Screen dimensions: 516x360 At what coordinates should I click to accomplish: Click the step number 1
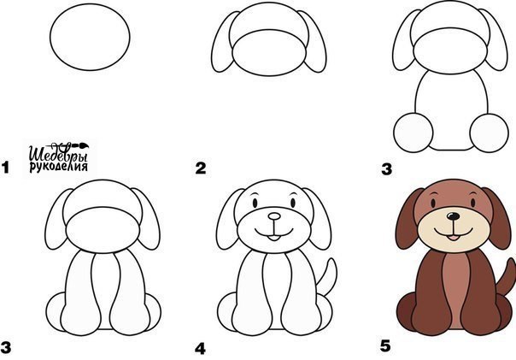[5, 168]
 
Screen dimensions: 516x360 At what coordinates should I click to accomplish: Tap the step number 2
[201, 168]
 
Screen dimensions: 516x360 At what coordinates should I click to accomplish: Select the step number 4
[200, 349]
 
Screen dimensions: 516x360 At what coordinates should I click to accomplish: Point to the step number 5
[385, 346]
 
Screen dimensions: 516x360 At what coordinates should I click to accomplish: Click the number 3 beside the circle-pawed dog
[387, 169]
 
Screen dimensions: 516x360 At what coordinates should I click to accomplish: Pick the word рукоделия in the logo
[59, 167]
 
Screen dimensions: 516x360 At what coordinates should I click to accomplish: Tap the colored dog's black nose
[454, 216]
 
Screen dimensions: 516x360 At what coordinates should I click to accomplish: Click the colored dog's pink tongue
[454, 238]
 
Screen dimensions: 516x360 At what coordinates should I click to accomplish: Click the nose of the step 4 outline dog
[274, 216]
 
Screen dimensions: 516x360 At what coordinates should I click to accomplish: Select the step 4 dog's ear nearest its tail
[317, 218]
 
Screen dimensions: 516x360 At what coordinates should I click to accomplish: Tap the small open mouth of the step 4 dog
[273, 238]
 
